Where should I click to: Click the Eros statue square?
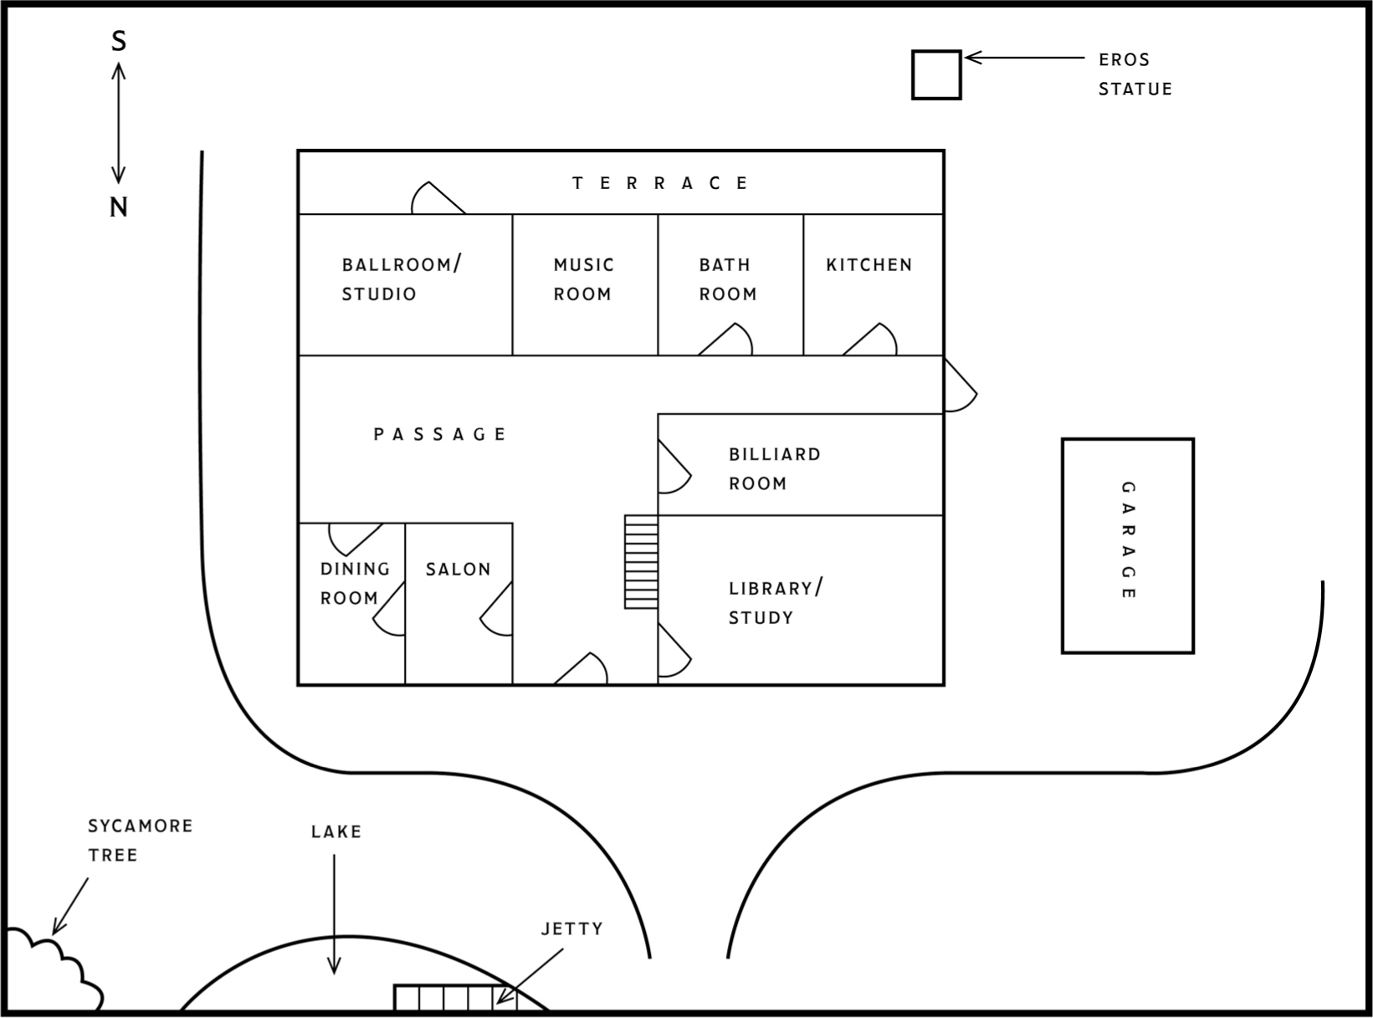coord(935,74)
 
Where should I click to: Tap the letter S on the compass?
coord(119,41)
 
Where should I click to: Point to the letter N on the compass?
coord(119,207)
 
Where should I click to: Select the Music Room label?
coord(583,279)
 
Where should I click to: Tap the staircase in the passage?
coord(641,560)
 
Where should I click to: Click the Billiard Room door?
coord(673,468)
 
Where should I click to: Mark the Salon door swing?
coord(498,611)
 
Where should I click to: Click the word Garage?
coord(1128,540)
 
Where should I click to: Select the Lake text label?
coord(336,831)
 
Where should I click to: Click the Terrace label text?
coord(660,183)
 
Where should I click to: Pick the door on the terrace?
coord(435,199)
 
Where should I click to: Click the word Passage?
coord(440,434)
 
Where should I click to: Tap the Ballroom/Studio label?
coord(400,279)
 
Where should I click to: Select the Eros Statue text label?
coord(1135,74)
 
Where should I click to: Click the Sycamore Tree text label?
coord(140,840)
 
